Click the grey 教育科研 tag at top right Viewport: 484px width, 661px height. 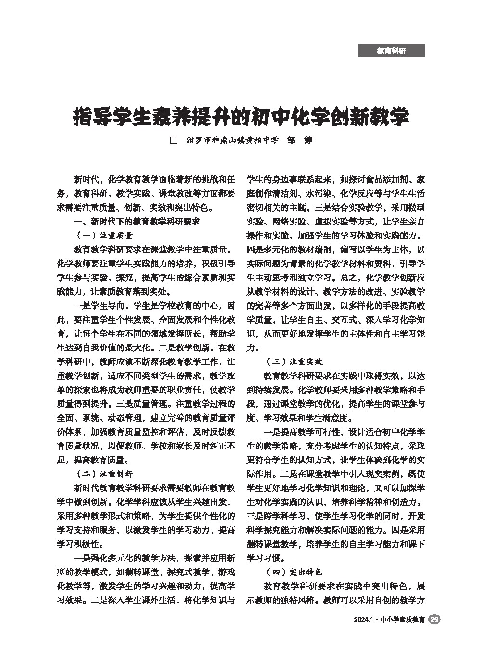[391, 50]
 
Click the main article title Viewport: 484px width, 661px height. [242, 116]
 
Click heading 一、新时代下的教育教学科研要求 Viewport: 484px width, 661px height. [136, 222]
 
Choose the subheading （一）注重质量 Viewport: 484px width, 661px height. [104, 236]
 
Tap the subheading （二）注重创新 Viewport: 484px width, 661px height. [104, 474]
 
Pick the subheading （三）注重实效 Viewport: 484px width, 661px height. [293, 362]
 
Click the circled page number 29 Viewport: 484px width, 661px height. [434, 620]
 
